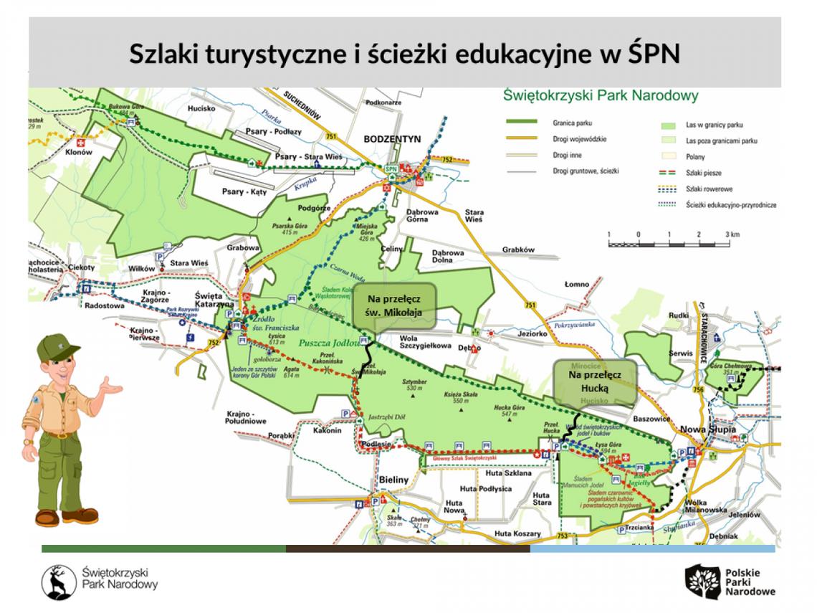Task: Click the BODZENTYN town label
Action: coord(392,138)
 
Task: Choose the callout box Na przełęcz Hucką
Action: coord(594,381)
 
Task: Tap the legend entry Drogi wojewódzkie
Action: coord(580,138)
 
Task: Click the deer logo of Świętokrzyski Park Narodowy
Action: coord(59,581)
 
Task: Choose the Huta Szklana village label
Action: coord(507,473)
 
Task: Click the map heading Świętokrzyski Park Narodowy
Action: coord(601,95)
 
